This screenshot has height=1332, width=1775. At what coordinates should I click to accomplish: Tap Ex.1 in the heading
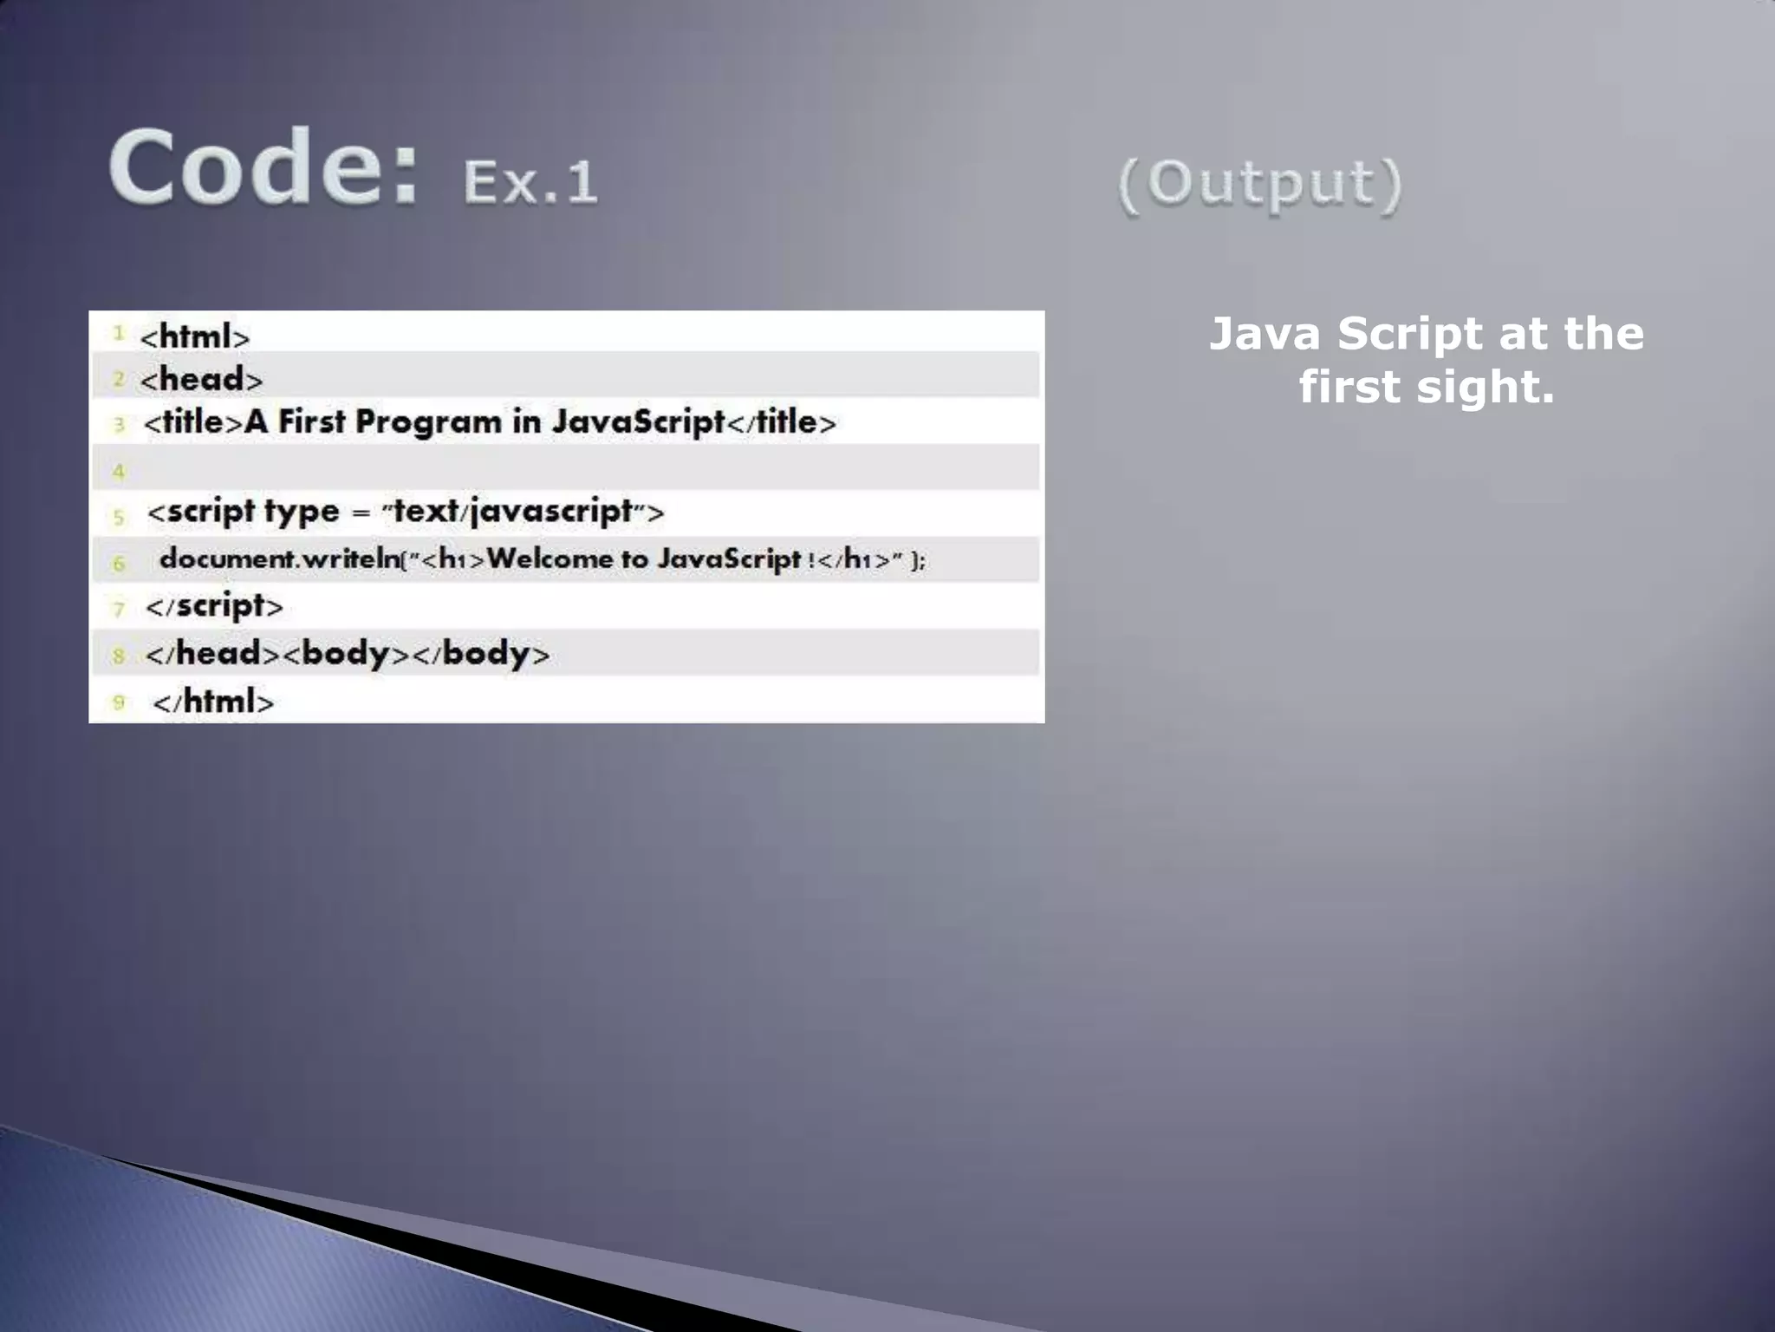[530, 182]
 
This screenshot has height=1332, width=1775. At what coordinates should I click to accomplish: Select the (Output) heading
[1259, 184]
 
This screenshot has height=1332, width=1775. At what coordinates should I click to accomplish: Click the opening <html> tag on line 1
[195, 336]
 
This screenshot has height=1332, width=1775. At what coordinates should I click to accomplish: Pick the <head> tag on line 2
[202, 379]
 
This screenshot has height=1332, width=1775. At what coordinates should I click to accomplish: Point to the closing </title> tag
[781, 422]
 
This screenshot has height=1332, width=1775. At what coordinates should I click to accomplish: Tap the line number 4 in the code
[119, 472]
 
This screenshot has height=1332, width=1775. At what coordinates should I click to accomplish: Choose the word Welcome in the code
[549, 559]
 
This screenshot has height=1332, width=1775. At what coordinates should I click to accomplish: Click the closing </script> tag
[215, 606]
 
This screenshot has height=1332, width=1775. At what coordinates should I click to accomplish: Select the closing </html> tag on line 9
[213, 702]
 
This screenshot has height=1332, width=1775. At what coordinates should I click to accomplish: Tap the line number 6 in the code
[119, 564]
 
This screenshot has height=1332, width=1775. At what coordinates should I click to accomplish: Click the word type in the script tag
[302, 512]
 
